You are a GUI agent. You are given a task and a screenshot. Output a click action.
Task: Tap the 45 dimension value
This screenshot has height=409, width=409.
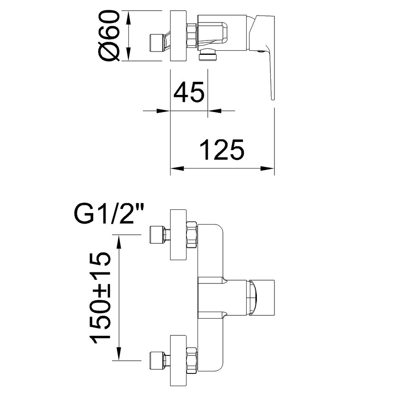click(x=189, y=92)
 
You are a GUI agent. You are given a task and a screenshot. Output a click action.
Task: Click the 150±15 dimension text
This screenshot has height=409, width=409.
click(x=101, y=299)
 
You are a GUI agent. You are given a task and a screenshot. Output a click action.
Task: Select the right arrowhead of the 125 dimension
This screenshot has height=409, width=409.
click(x=267, y=168)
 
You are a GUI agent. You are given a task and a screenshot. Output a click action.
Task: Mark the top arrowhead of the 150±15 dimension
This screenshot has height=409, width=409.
click(x=119, y=242)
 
